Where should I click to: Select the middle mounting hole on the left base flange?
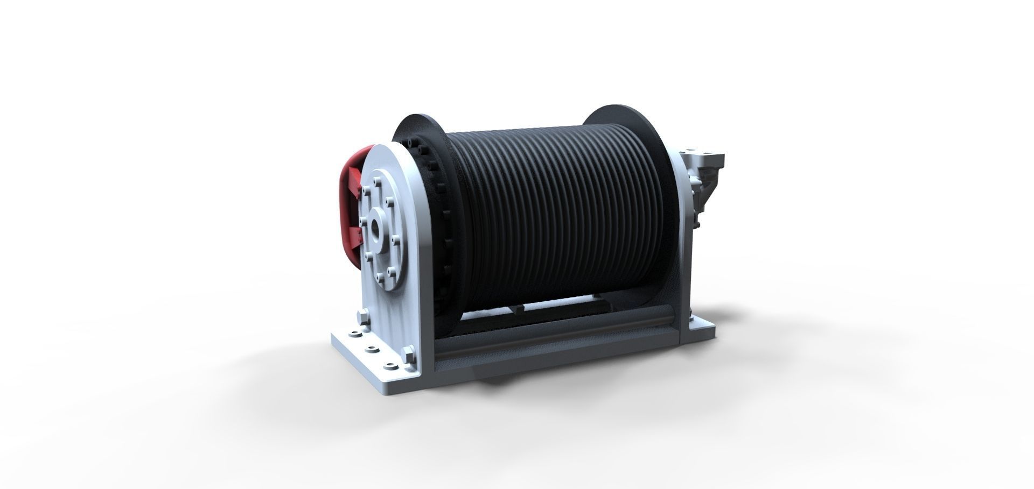point(370,350)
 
